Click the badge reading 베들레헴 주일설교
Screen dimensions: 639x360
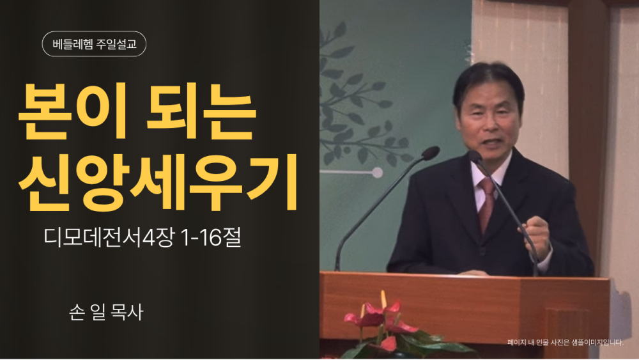click(x=94, y=44)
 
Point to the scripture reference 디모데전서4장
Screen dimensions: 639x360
click(x=110, y=237)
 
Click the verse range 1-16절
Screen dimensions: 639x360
click(x=211, y=237)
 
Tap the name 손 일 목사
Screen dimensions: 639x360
click(x=106, y=312)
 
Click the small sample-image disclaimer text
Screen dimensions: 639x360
click(x=566, y=343)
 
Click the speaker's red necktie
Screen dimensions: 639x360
click(x=486, y=204)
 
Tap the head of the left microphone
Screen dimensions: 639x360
click(x=430, y=153)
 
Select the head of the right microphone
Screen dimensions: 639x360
click(x=475, y=157)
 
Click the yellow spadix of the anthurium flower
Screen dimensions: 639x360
click(x=383, y=300)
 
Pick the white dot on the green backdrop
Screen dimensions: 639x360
click(x=378, y=173)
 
